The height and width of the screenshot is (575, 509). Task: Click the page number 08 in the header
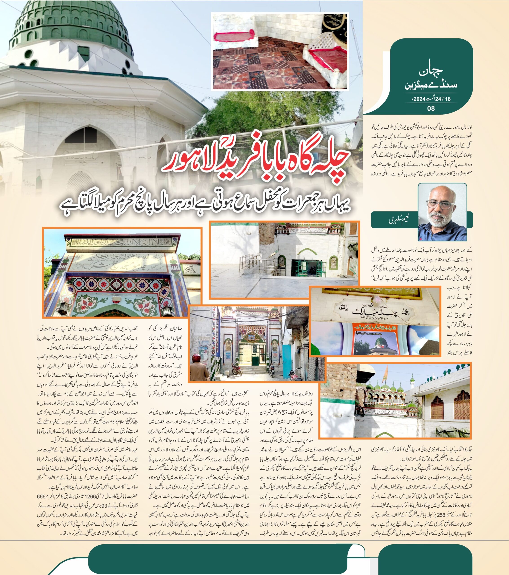[x=431, y=108]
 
